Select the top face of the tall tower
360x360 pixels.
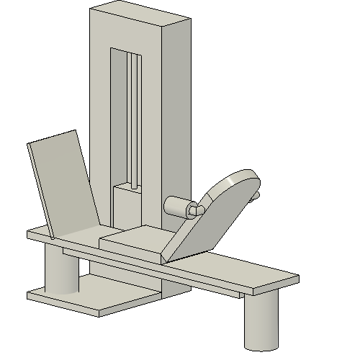(x=140, y=15)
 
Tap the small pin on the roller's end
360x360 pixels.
(x=193, y=210)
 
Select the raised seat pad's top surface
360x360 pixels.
(x=137, y=238)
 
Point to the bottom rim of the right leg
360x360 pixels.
(x=261, y=346)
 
